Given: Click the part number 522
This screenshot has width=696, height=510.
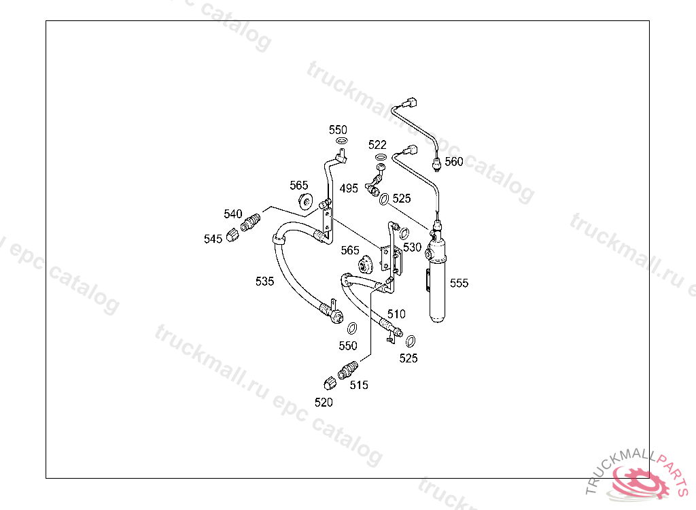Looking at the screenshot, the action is tap(377, 145).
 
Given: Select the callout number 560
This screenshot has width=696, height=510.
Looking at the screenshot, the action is tap(454, 162).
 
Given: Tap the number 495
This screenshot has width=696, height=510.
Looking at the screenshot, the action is tap(349, 188).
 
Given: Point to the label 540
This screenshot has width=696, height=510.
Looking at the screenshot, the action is tap(233, 214).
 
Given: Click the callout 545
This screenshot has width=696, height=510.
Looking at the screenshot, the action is tap(213, 239).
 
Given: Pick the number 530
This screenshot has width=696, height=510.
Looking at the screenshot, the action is tap(413, 248).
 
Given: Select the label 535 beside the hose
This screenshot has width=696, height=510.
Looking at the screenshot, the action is tap(265, 281).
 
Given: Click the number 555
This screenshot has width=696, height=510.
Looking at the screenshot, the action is tap(459, 283).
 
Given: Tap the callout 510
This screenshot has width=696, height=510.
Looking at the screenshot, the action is tap(396, 314).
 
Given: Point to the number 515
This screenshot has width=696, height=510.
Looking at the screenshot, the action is tap(359, 385).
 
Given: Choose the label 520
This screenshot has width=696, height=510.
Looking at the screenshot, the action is tap(324, 403).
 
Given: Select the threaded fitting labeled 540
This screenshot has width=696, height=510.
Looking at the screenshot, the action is tap(251, 222).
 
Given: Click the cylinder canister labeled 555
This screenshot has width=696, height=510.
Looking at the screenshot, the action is tap(437, 286).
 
